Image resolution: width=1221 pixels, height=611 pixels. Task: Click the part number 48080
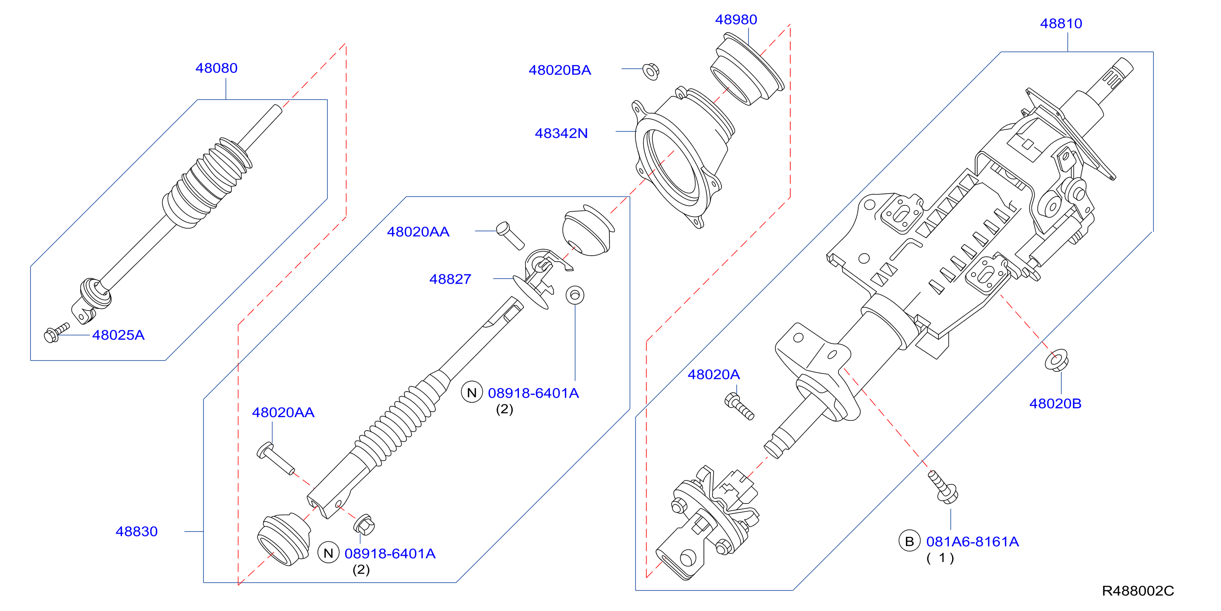tap(217, 68)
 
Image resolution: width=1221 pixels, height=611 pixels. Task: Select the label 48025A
tap(119, 335)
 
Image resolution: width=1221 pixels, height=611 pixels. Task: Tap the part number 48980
tap(736, 19)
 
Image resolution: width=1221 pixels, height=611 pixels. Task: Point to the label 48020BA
tap(560, 70)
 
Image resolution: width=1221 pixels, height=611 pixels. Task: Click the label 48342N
tap(561, 133)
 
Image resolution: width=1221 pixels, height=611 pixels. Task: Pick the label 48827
tap(450, 279)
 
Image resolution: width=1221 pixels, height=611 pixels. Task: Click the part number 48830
tap(136, 532)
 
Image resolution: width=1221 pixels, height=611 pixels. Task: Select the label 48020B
tap(1055, 404)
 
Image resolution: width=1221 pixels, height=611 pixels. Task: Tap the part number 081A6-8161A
tap(973, 542)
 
